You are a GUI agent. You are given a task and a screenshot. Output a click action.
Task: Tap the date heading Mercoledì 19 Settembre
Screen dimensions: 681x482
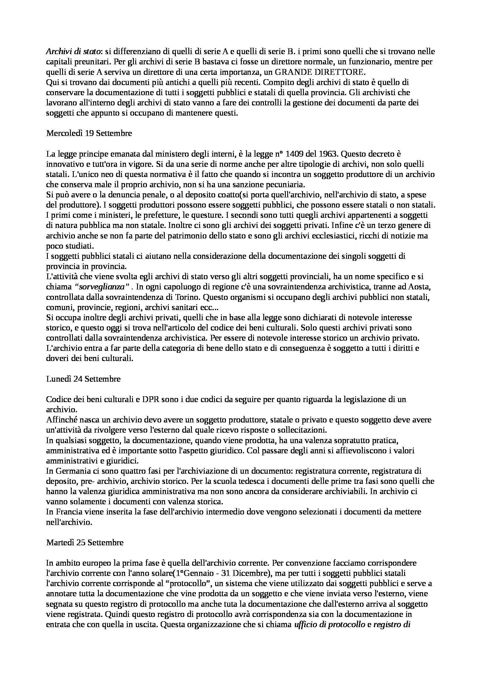(89, 133)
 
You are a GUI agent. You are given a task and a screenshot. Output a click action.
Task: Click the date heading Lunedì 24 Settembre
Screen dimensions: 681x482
(83, 379)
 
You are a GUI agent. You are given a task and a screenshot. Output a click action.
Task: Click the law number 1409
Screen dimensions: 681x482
(301, 154)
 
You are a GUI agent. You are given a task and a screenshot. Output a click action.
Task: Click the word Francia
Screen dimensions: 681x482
(66, 512)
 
